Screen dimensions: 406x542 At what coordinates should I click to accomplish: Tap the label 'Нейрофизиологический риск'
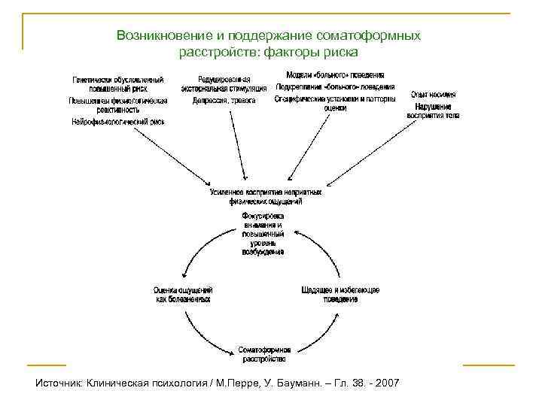point(118,121)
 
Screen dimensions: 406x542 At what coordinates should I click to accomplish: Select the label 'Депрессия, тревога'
point(224,100)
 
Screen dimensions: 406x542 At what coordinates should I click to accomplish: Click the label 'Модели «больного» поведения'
point(336,75)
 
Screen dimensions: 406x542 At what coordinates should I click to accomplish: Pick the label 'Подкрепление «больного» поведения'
point(334,86)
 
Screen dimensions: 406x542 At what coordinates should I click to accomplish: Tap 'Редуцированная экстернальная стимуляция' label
point(224,83)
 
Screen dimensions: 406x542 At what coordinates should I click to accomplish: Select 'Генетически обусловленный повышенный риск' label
point(118,83)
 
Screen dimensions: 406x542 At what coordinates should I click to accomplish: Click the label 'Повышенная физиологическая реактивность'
point(118,105)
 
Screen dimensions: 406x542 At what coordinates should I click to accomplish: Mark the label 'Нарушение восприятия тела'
point(433,111)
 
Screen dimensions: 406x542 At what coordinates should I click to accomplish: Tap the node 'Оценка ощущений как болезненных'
point(183,294)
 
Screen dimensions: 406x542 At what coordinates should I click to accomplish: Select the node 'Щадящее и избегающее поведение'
point(340,294)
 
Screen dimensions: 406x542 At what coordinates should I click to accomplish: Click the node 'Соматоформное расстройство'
point(264,354)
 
